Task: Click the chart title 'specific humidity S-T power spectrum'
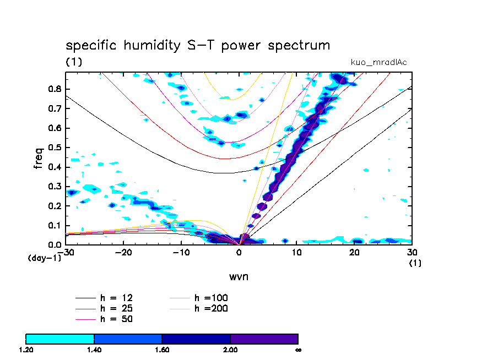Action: click(x=198, y=45)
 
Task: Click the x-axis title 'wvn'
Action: click(x=239, y=276)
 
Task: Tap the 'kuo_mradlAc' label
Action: click(x=379, y=62)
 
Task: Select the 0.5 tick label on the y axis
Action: click(x=55, y=148)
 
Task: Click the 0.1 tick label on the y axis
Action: click(x=55, y=225)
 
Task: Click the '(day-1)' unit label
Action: click(x=44, y=258)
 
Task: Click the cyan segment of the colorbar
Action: click(x=60, y=339)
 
